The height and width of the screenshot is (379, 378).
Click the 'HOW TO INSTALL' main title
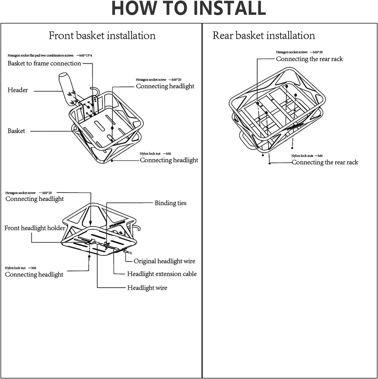(x=189, y=9)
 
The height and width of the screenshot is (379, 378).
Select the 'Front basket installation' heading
(x=102, y=36)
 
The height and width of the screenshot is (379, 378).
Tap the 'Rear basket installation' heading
(x=263, y=36)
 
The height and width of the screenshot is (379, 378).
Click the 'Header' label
(x=18, y=90)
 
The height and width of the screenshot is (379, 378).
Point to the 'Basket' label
(x=16, y=131)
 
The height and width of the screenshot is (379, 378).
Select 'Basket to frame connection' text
(x=44, y=63)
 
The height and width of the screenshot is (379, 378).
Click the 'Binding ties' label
(x=170, y=203)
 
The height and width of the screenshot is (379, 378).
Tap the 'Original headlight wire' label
(x=164, y=261)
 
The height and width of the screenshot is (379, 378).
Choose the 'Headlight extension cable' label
(x=162, y=274)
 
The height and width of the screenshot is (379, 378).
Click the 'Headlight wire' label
(x=147, y=288)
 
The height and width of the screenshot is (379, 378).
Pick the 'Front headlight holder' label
(x=35, y=228)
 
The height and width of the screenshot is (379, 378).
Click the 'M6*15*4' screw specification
(x=85, y=56)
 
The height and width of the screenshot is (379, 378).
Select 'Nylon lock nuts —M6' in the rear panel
(x=307, y=156)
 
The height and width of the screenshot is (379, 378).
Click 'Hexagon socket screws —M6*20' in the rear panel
(x=299, y=52)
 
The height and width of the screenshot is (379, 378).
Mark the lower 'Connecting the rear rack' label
(x=325, y=163)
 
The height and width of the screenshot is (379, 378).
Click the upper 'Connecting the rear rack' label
(x=309, y=59)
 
